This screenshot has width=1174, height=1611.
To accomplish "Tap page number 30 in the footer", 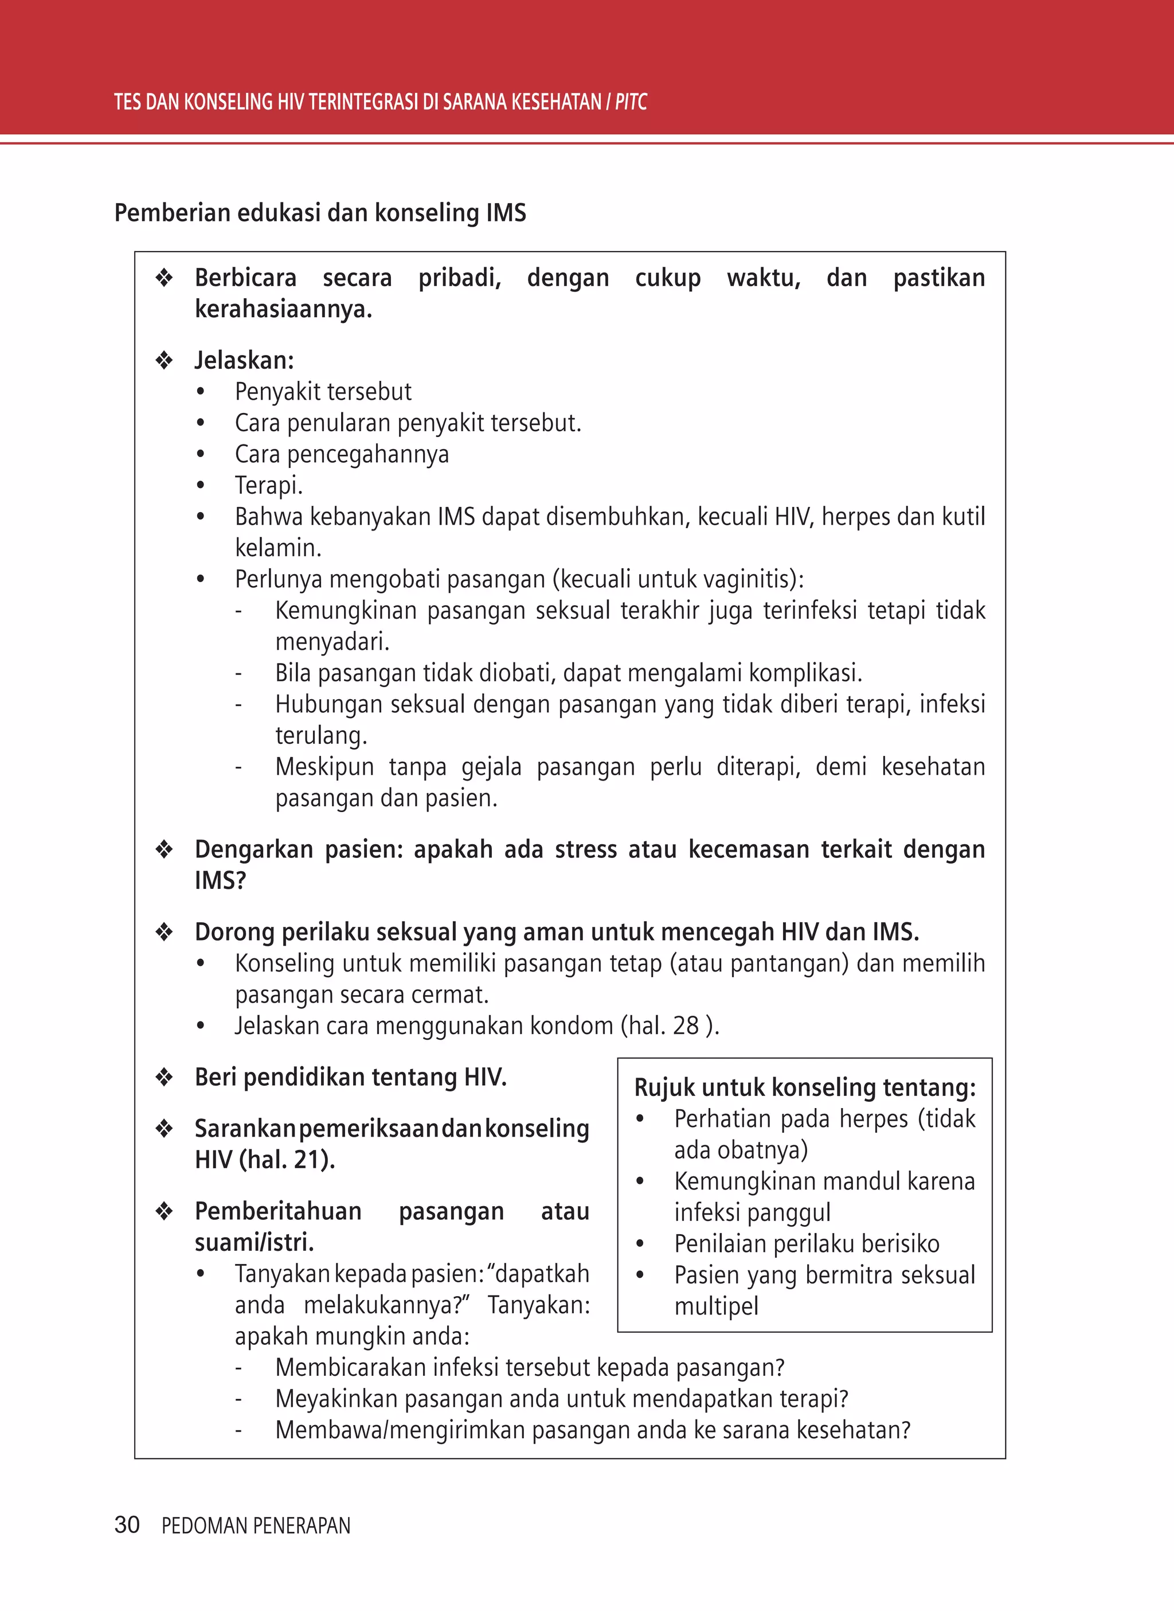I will (127, 1524).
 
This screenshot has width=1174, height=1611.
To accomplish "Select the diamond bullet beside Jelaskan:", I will (164, 360).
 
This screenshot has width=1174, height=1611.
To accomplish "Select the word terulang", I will (321, 735).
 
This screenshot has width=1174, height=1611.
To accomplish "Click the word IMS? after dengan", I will (220, 881).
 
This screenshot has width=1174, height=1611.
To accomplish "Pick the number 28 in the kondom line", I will (686, 1026).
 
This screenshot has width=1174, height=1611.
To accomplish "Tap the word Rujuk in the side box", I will (664, 1088).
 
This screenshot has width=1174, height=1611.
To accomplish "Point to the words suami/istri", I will (254, 1242).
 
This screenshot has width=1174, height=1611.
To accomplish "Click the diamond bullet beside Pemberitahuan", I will (164, 1211).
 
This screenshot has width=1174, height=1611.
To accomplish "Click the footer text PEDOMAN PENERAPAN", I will (256, 1526).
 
